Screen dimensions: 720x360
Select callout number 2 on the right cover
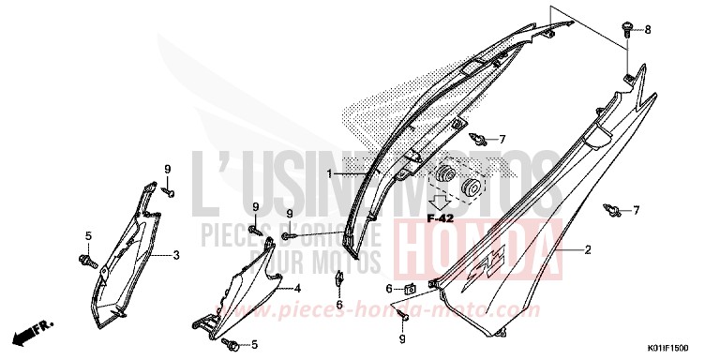coord(588,251)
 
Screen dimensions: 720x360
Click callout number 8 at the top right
coord(645,31)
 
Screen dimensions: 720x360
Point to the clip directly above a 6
coord(338,278)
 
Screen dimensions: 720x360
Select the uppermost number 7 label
coord(502,140)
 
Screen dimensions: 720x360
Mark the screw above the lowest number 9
coord(402,313)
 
